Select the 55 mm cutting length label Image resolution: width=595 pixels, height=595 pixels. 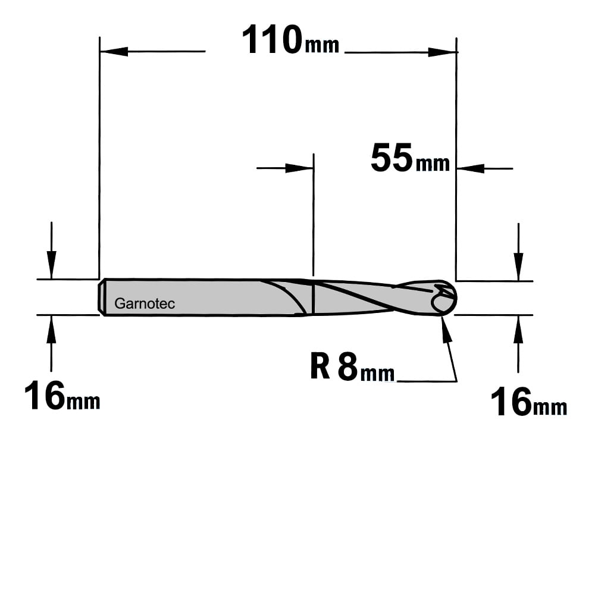coord(410,158)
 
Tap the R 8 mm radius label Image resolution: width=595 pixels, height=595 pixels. coord(352,367)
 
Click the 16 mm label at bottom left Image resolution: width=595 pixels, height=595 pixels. coord(62,396)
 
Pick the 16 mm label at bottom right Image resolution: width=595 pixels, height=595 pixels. coord(528,402)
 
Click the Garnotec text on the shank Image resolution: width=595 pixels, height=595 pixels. coord(145,303)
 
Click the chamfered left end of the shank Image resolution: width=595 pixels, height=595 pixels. coord(101,297)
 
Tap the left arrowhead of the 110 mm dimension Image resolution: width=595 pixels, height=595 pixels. coord(114,51)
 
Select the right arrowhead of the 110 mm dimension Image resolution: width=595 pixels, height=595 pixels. coord(442,52)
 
